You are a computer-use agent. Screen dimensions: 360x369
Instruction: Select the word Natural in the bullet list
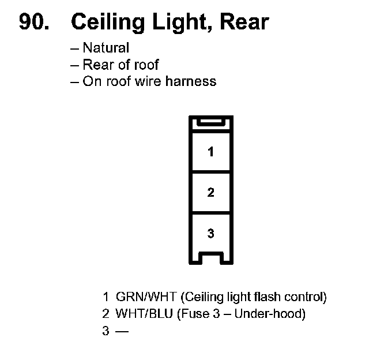pyautogui.click(x=106, y=48)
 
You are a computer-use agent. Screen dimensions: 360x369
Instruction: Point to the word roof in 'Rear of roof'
pyautogui.click(x=146, y=64)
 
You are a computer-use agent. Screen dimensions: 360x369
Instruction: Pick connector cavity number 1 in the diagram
pyautogui.click(x=210, y=152)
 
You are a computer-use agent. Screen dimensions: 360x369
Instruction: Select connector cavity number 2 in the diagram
pyautogui.click(x=210, y=193)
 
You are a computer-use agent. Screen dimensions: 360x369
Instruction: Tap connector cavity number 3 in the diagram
pyautogui.click(x=210, y=234)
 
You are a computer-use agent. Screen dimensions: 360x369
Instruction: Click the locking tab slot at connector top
pyautogui.click(x=210, y=122)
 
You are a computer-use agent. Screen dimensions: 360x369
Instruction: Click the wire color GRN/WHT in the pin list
pyautogui.click(x=146, y=298)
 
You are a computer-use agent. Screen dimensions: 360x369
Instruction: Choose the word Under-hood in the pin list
pyautogui.click(x=271, y=314)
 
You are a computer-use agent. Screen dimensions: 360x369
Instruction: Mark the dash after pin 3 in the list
pyautogui.click(x=122, y=331)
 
